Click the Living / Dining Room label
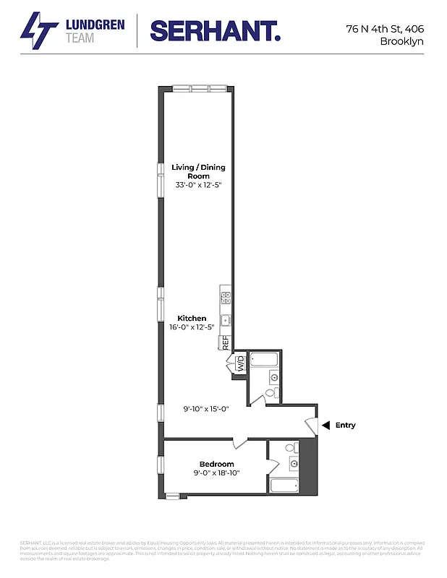pyautogui.click(x=198, y=171)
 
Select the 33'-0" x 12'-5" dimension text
pyautogui.click(x=198, y=185)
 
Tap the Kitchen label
pyautogui.click(x=192, y=318)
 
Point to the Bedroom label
pyautogui.click(x=217, y=464)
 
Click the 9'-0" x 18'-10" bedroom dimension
pyautogui.click(x=216, y=473)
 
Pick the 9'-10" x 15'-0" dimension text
pyautogui.click(x=205, y=409)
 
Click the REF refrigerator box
pyautogui.click(x=226, y=342)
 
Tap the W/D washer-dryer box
pyautogui.click(x=241, y=363)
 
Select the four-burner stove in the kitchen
pyautogui.click(x=225, y=294)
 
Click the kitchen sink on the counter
pyautogui.click(x=225, y=319)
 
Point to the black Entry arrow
pyautogui.click(x=326, y=425)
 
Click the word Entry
pyautogui.click(x=345, y=426)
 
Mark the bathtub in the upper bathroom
pyautogui.click(x=265, y=358)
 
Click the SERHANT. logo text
pyautogui.click(x=216, y=31)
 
